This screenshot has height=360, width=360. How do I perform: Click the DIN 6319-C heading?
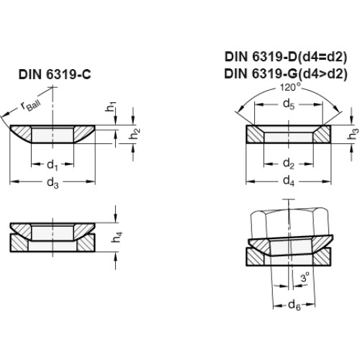coord(55,74)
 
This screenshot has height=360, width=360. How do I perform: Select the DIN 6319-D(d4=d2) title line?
coord(286,57)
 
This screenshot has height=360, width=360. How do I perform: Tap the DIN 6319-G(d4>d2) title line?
coord(286,73)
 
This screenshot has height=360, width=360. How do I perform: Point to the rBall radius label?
coord(31,106)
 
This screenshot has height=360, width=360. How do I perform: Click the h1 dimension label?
coord(111,107)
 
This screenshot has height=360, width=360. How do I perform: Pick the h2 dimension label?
coord(135,133)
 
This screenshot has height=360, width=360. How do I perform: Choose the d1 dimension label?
coord(53,165)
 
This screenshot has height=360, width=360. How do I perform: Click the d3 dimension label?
coord(53,183)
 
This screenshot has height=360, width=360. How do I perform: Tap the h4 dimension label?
coord(117,237)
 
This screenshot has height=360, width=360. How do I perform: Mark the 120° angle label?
coord(290,87)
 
